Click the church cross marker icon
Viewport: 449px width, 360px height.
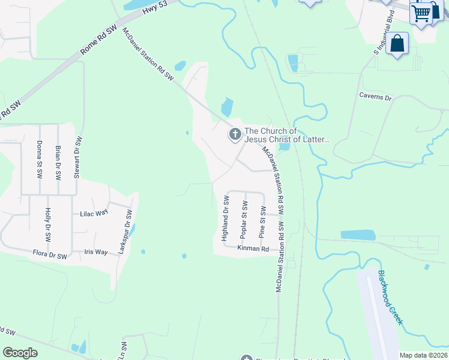pos(234,135)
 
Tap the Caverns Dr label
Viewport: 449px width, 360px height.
pos(375,97)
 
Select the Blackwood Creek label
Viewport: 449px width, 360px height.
pos(390,298)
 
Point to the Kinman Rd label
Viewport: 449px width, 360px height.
pos(253,248)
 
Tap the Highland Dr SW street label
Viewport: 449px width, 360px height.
pos(226,218)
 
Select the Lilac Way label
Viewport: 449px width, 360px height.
pos(94,213)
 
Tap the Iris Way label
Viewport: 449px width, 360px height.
pos(96,252)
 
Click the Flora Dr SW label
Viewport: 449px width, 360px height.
pos(50,256)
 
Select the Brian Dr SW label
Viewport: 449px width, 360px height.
pos(58,163)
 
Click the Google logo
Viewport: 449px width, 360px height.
pos(20,353)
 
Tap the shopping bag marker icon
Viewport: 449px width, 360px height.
pos(397,43)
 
